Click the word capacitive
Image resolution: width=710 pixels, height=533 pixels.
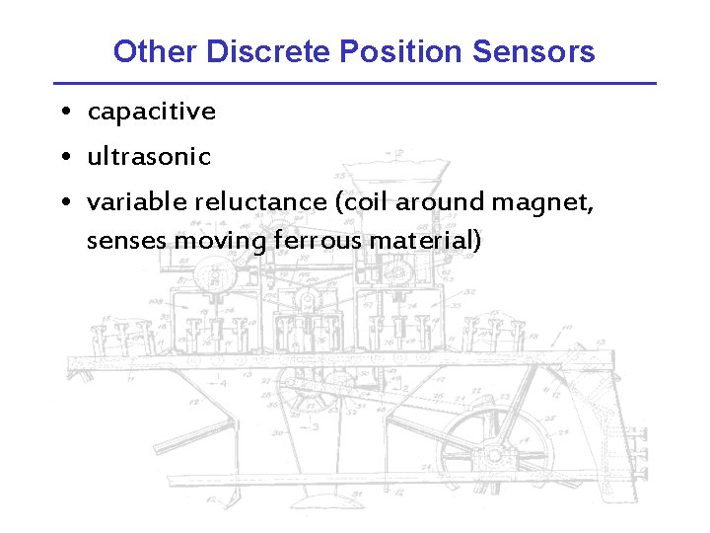point(151,112)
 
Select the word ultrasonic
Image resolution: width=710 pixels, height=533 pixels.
point(149,156)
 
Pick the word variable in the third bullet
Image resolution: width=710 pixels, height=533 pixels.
point(137,201)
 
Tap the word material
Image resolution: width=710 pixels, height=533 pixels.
point(423,240)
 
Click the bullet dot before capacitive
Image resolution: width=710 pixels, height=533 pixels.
point(63,113)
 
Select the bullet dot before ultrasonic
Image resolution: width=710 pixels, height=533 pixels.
point(63,157)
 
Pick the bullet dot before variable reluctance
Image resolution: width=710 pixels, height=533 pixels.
point(63,202)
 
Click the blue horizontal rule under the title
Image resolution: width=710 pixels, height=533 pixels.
point(355,83)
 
